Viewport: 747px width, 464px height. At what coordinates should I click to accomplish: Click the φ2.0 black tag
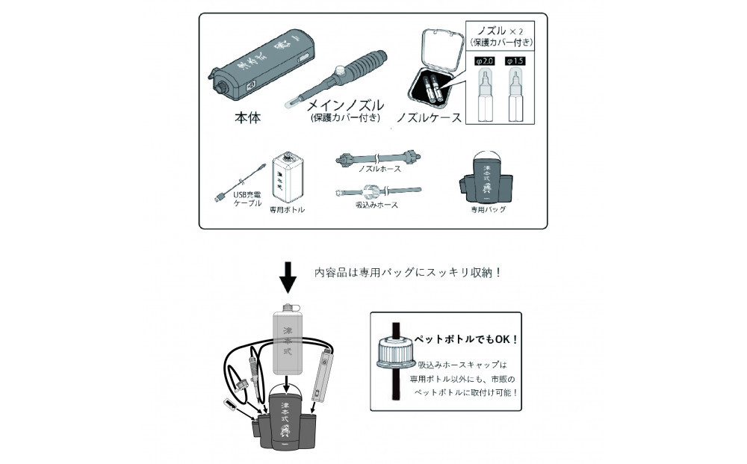click(485, 59)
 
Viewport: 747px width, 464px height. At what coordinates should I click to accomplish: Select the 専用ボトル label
click(287, 210)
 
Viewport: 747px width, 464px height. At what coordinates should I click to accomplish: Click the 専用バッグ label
click(488, 209)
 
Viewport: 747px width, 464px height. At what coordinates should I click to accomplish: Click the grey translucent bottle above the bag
click(288, 336)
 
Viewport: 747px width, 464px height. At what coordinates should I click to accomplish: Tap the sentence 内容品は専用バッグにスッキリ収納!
click(407, 273)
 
